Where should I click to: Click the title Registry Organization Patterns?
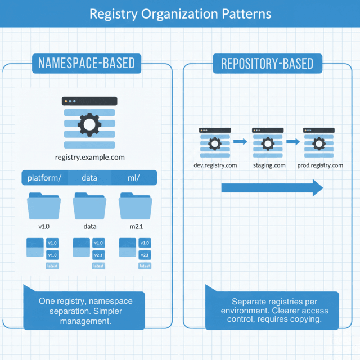(x=180, y=13)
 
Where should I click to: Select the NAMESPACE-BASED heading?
(x=87, y=63)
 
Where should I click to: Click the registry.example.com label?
(x=90, y=157)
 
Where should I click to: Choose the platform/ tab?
(x=44, y=178)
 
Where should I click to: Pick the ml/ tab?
(x=134, y=178)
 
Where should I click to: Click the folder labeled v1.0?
(x=44, y=206)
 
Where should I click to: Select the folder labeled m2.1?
(x=134, y=206)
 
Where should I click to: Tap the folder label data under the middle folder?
(x=89, y=227)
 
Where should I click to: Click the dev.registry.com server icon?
(x=214, y=143)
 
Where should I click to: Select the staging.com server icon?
(x=267, y=143)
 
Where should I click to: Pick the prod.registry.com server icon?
(x=319, y=143)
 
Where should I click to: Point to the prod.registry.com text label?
(x=319, y=165)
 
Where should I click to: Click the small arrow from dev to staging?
(x=241, y=142)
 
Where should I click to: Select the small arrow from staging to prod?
(x=293, y=142)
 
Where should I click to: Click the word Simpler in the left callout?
(x=105, y=311)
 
